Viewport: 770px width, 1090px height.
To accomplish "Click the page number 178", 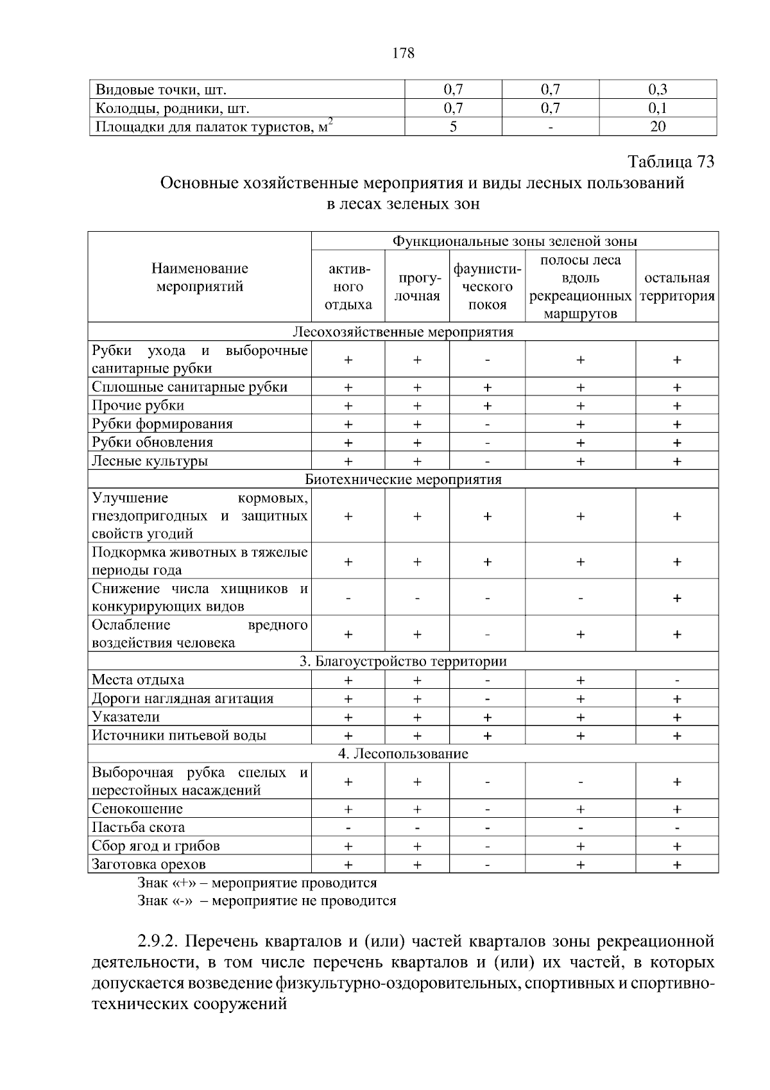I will coord(403,53).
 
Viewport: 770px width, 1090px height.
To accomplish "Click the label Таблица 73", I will coord(671,161).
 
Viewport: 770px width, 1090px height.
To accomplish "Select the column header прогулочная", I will coord(416,287).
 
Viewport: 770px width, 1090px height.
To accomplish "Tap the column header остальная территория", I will coord(676,287).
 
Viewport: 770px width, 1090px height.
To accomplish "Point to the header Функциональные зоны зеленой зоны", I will coord(514,241).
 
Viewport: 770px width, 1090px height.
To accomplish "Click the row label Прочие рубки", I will coord(138,406).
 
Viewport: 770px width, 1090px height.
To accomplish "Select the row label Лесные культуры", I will coord(150,461).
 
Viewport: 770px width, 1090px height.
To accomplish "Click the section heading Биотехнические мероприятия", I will coord(403,480).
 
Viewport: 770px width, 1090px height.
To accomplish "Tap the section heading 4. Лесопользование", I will coord(403,754).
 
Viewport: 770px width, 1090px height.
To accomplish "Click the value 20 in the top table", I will coord(658,126).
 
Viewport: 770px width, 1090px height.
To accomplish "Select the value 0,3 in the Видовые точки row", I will coord(658,89).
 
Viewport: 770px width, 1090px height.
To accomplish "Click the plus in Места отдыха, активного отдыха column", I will coord(348,680).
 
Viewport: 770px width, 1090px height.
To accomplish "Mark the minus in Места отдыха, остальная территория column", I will coord(677,680).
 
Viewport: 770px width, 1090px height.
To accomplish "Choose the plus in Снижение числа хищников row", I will coord(677,598).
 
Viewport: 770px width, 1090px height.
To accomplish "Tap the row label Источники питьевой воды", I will coord(179,736).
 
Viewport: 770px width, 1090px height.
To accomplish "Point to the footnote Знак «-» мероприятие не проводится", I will coord(267,901).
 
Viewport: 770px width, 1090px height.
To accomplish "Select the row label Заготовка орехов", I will coord(149,865).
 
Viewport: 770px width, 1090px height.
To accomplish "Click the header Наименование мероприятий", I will coord(200,277).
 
